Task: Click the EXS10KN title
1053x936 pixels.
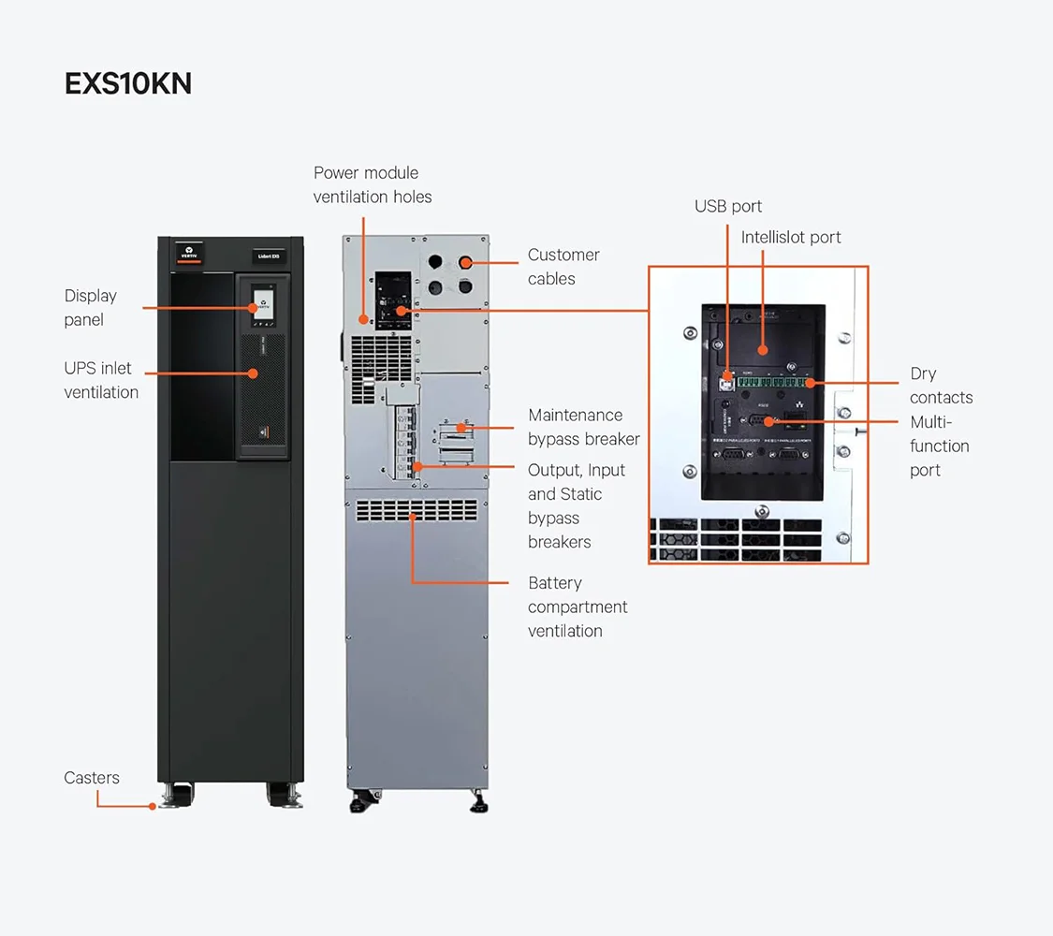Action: coord(128,83)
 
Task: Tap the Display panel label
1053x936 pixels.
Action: coord(91,308)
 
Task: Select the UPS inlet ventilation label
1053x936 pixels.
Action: coord(101,380)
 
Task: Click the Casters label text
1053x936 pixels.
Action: coord(92,778)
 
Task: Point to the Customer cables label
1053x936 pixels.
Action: coord(563,267)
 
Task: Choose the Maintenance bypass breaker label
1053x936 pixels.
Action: coord(584,427)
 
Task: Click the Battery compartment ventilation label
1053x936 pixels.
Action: coord(578,607)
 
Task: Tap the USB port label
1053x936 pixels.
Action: coord(728,206)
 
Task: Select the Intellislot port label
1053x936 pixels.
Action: coord(791,238)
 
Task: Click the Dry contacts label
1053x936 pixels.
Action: coord(941,386)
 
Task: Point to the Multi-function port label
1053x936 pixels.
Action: coord(939,446)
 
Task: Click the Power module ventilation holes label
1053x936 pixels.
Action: coord(373,184)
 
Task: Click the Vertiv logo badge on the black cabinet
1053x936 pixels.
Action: coord(189,254)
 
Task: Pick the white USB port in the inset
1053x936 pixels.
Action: coord(727,382)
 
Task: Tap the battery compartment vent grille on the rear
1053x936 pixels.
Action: coord(417,510)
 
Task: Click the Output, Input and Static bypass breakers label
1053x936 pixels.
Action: coord(577,505)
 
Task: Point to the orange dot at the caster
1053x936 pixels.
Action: coord(153,805)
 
